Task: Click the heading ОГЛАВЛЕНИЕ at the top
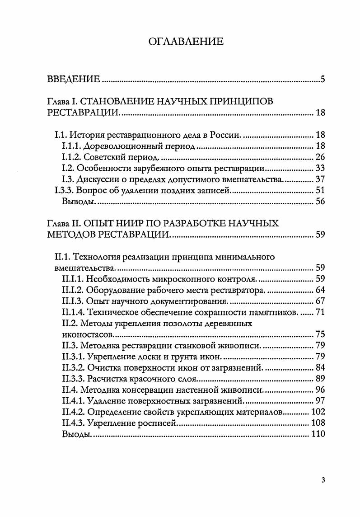[x=186, y=42]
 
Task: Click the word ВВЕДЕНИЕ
[x=74, y=80]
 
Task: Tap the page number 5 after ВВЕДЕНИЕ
[x=323, y=80]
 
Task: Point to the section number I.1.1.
[x=71, y=146]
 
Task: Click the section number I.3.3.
[x=64, y=191]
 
